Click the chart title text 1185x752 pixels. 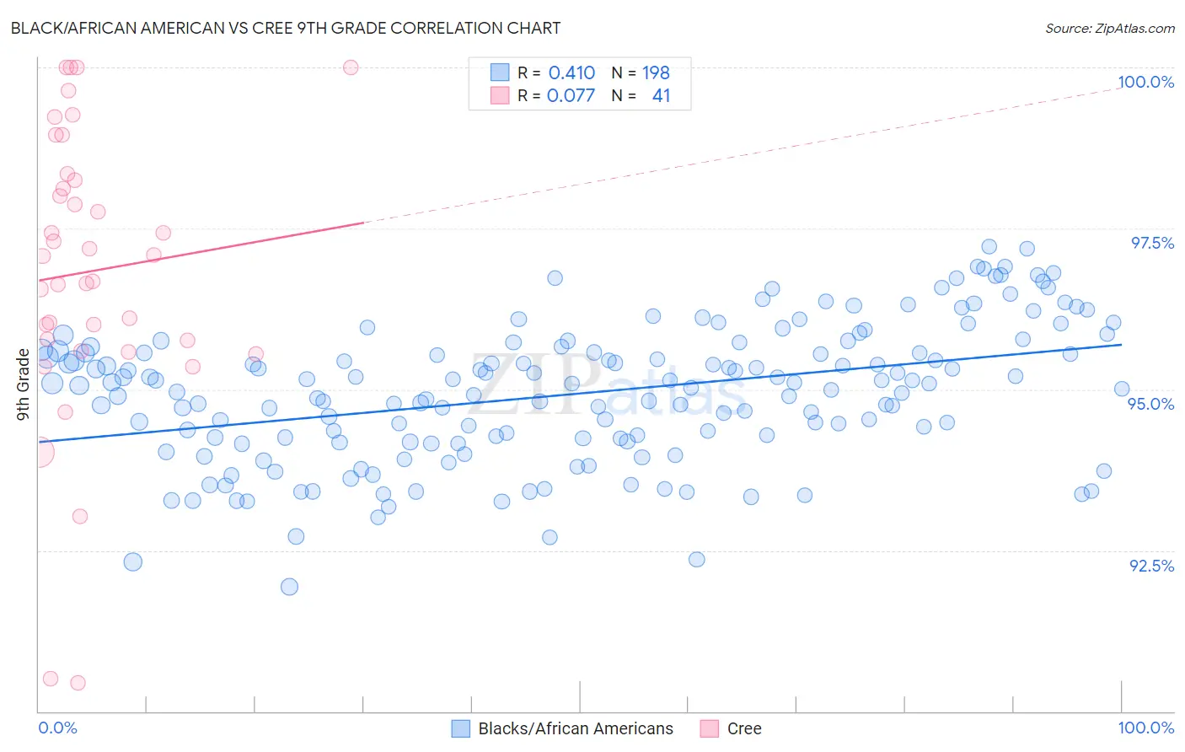click(285, 28)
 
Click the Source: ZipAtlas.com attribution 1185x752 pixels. click(1109, 29)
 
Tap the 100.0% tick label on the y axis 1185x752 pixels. click(1145, 82)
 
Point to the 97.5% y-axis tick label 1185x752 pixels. click(1151, 243)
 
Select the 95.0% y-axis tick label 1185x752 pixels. click(1150, 404)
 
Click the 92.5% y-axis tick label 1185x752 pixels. click(1151, 566)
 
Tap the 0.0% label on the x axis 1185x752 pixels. click(57, 728)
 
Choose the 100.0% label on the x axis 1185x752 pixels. click(1145, 728)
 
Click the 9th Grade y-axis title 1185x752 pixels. click(23, 384)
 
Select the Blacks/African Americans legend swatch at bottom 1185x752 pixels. click(460, 728)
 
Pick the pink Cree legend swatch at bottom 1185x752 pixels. click(709, 728)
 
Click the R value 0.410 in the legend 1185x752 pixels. click(571, 73)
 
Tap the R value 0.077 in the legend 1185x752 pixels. click(571, 95)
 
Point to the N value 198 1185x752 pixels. click(656, 73)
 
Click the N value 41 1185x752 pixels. click(661, 95)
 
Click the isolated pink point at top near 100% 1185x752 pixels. click(351, 67)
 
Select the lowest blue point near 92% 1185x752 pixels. click(289, 587)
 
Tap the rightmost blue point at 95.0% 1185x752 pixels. click(1122, 389)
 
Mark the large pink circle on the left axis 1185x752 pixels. click(39, 453)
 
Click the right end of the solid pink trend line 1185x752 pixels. click(363, 223)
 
